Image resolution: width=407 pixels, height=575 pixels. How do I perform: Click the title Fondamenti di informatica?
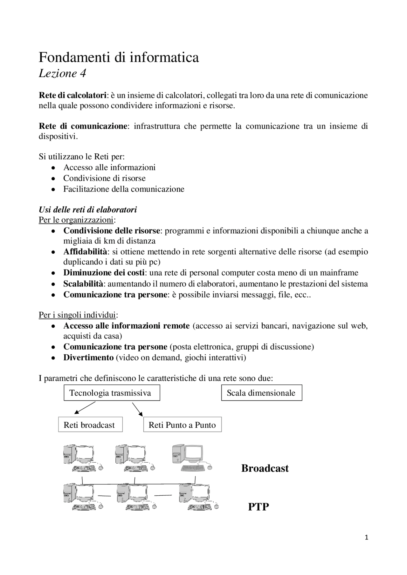coord(119,57)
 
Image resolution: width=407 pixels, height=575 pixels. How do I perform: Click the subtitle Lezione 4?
coord(62,74)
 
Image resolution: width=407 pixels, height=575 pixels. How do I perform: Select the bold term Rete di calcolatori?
coord(72,95)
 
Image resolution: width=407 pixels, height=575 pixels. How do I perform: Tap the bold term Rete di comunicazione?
coord(83,126)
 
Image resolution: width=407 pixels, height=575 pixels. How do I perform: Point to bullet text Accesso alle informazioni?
coord(109,167)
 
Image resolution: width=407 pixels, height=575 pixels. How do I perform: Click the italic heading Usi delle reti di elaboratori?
coord(88,210)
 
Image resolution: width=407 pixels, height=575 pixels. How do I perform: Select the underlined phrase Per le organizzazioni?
coord(76,220)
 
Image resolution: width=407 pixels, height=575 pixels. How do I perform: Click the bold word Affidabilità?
coord(85,252)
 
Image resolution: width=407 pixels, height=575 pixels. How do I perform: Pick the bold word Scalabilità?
coord(83,284)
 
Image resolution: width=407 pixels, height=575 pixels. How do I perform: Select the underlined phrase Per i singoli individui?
coord(77,315)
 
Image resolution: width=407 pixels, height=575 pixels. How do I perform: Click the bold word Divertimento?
coord(88,358)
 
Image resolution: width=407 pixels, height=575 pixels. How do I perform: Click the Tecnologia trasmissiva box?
coord(110,393)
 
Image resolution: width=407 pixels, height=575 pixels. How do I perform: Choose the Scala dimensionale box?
coord(261,393)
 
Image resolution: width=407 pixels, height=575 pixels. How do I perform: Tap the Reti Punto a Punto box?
coord(182,425)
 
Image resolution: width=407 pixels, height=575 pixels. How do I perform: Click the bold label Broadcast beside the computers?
coord(265,468)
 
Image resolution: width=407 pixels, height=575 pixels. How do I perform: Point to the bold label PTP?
coord(258,507)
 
